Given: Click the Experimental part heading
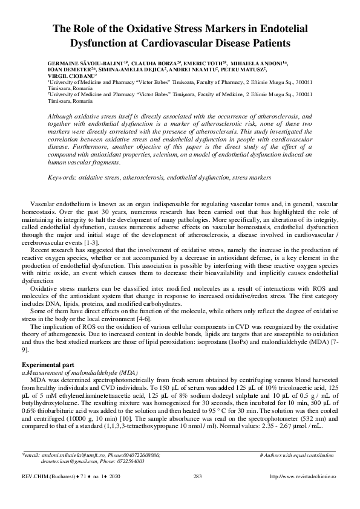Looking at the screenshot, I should pyautogui.click(x=48, y=365).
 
